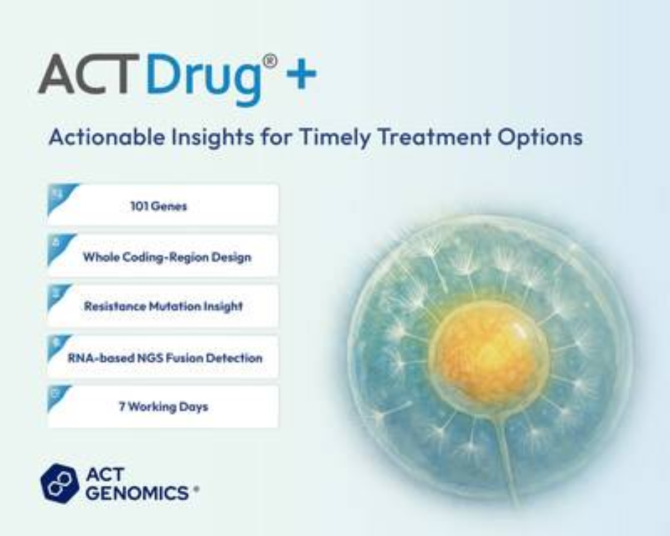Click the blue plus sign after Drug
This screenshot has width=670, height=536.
(301, 74)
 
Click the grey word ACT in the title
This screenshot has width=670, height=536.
(88, 74)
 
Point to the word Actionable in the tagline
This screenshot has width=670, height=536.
(107, 137)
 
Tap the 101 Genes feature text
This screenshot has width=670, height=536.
(159, 206)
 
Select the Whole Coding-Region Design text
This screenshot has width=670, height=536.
(167, 257)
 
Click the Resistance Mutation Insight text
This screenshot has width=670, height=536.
(164, 307)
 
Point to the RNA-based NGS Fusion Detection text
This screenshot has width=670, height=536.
(165, 358)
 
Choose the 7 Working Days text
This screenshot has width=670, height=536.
(164, 407)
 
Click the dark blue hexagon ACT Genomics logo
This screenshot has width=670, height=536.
(59, 483)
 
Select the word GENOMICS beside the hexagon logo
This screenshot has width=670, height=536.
(137, 492)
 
